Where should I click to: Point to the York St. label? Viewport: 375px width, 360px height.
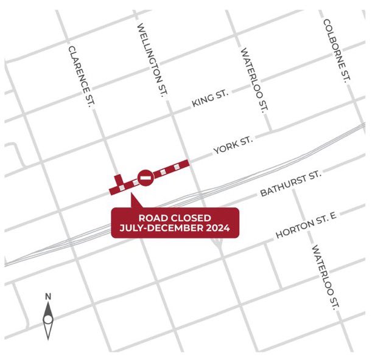(x=233, y=145)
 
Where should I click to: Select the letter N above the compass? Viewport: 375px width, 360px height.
(x=48, y=296)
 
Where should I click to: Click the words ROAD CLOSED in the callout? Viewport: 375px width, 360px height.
(x=175, y=218)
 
